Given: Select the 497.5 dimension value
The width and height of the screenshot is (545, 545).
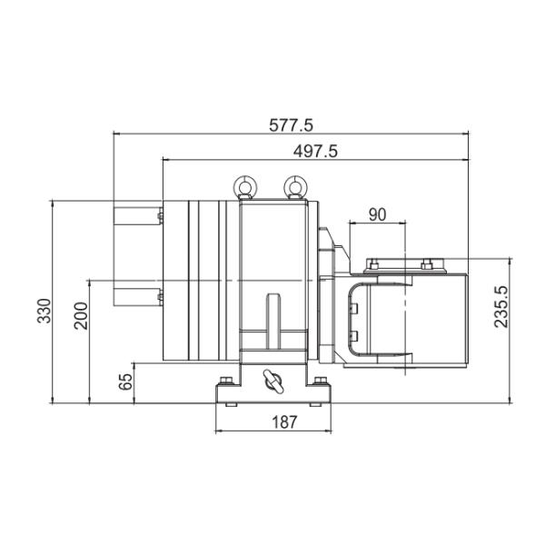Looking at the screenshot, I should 315,152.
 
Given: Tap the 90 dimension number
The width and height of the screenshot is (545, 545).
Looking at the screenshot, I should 378,214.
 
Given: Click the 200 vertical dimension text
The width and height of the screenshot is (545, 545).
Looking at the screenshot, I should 81,316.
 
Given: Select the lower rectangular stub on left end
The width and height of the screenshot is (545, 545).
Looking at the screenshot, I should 134,296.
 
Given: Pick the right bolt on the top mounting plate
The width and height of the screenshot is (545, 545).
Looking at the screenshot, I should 424,265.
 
